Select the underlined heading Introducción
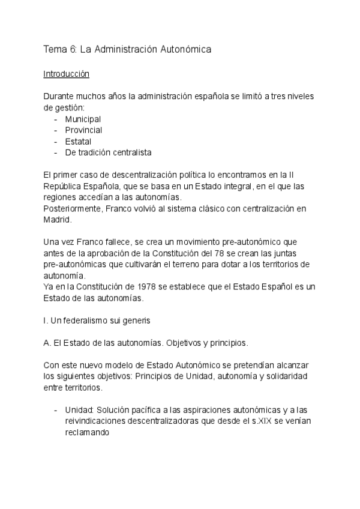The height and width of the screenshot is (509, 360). click(67, 74)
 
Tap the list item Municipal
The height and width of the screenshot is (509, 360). click(83, 119)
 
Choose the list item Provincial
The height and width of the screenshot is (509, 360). click(84, 130)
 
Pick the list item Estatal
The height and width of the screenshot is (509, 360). click(79, 141)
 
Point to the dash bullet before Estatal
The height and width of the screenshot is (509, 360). click(55, 141)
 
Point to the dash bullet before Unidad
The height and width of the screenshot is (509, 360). click(55, 409)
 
